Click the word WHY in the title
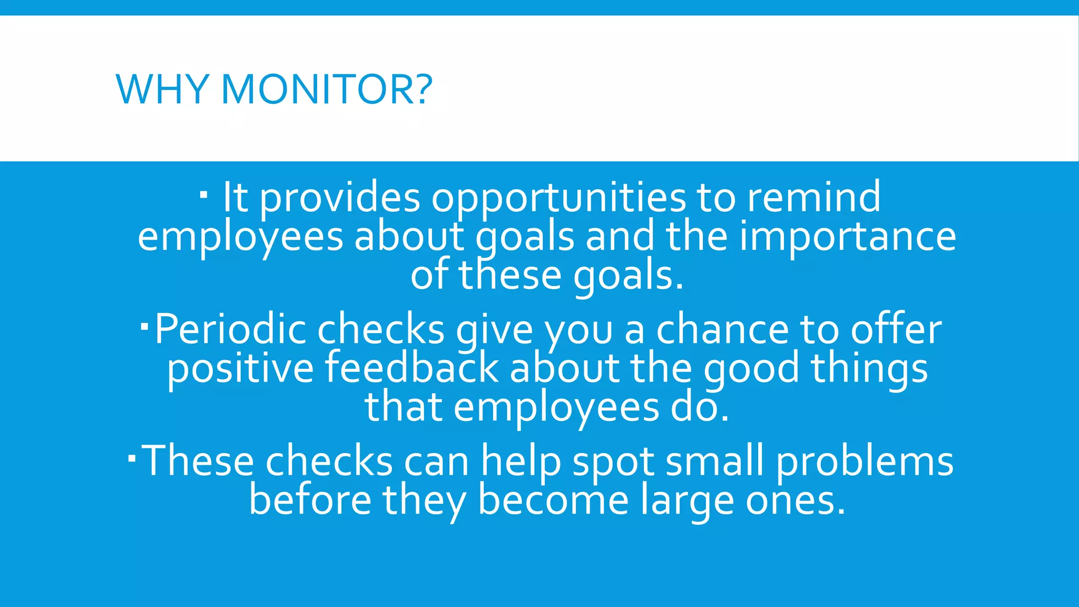click(162, 89)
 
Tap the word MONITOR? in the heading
click(327, 89)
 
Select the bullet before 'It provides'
click(204, 195)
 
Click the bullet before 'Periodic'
click(145, 327)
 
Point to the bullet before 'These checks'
click(132, 459)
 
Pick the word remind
click(813, 197)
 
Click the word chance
click(722, 330)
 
